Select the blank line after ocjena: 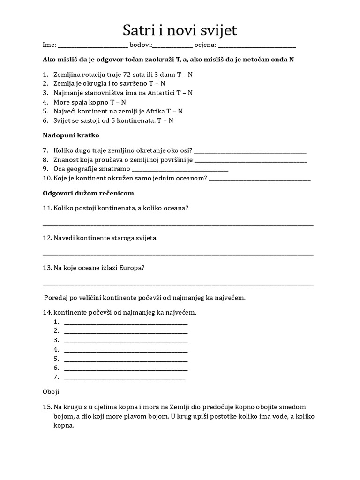(x=257, y=46)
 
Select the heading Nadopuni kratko (x=71, y=135)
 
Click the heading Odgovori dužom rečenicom (x=89, y=193)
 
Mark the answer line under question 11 (x=178, y=225)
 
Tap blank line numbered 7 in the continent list (x=124, y=379)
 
